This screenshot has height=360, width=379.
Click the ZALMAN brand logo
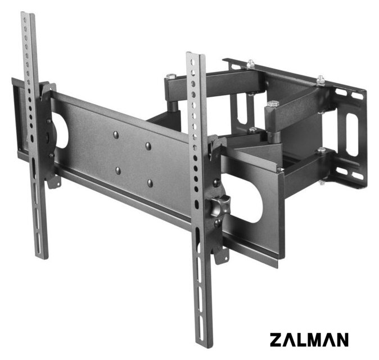click(x=309, y=339)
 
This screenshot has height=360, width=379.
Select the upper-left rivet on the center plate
click(x=116, y=134)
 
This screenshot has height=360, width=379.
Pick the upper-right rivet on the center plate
click(x=148, y=146)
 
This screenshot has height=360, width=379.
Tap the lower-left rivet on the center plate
click(x=118, y=170)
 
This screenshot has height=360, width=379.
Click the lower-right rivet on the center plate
click(x=150, y=183)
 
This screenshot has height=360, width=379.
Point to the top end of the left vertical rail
click(x=28, y=13)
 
